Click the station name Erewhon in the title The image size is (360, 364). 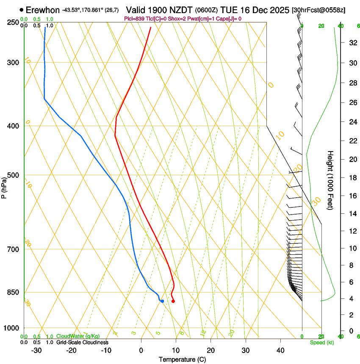coord(42,10)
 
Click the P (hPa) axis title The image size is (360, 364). coord(4,186)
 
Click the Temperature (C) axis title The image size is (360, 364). coord(182,359)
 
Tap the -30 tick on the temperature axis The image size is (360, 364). coord(36,350)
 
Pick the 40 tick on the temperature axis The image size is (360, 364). coord(280,350)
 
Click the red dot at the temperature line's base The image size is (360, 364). coord(173,301)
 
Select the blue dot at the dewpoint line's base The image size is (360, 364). coord(162,301)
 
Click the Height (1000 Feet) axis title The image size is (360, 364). coord(331,180)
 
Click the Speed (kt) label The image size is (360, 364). coord(322,342)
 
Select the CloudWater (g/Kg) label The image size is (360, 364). coord(78,336)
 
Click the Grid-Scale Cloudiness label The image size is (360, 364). coord(82,342)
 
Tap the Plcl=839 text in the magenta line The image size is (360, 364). coord(134,19)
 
